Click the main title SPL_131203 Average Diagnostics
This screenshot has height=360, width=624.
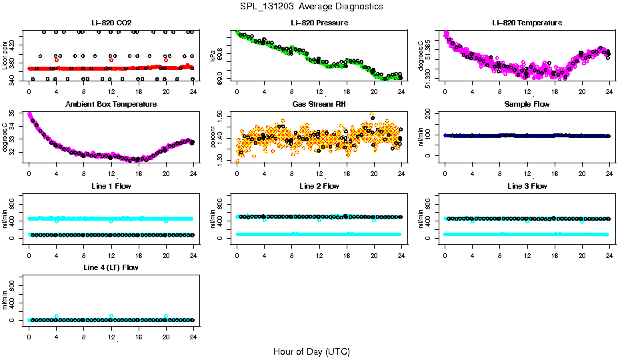click(x=312, y=6)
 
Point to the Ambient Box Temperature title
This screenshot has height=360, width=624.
click(x=111, y=104)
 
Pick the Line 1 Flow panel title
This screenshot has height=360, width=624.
click(x=111, y=186)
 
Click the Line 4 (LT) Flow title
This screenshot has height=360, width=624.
click(x=111, y=267)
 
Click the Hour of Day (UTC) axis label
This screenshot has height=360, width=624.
click(x=311, y=351)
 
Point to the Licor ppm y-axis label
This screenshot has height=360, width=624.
click(x=5, y=55)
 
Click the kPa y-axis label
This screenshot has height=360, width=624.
click(x=213, y=55)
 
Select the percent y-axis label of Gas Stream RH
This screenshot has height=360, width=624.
click(x=213, y=137)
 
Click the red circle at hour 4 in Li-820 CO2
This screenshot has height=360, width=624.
click(x=57, y=60)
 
